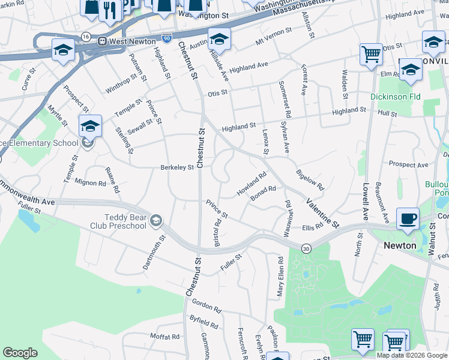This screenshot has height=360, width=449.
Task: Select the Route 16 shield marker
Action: click(86, 37)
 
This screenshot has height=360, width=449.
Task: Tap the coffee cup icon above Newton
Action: click(408, 219)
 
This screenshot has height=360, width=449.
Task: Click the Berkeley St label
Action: click(176, 168)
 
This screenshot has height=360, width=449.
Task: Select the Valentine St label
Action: click(323, 214)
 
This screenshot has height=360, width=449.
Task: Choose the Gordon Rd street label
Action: click(207, 306)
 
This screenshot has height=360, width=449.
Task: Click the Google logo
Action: click(20, 353)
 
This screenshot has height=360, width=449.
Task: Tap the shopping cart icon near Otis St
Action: click(372, 55)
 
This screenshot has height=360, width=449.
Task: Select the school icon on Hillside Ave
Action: click(219, 40)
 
